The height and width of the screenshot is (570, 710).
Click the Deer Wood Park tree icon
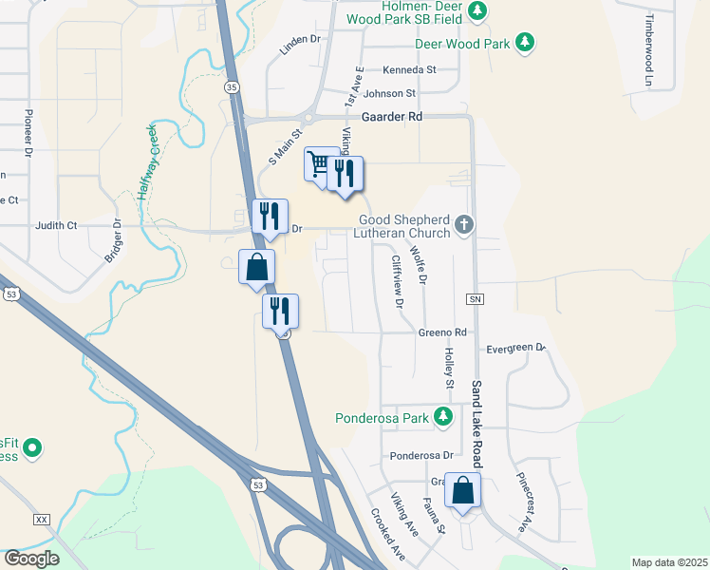524,43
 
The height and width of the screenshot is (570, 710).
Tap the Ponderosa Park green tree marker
442,417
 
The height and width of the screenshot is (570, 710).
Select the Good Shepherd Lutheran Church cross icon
463,224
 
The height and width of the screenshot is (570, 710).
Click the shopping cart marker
319,165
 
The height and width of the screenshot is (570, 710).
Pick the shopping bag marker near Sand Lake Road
462,491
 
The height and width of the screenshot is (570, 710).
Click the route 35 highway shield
232,86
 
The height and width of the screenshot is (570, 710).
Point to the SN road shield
476,299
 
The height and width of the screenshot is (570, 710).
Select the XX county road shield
41,520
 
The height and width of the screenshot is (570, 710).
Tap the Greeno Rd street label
442,332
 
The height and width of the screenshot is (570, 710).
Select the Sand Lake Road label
476,423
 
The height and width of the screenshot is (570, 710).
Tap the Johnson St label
389,93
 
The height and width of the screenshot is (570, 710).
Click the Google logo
31,559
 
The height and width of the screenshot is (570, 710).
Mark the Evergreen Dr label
515,349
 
